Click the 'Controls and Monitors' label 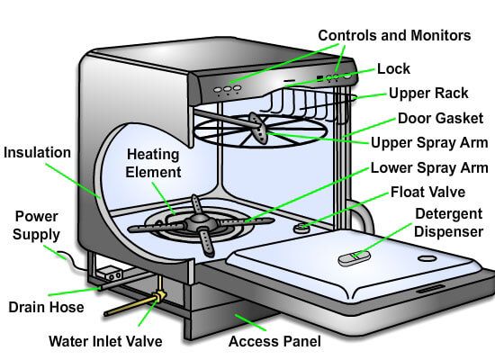393,36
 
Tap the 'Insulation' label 37,153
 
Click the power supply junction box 111,274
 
